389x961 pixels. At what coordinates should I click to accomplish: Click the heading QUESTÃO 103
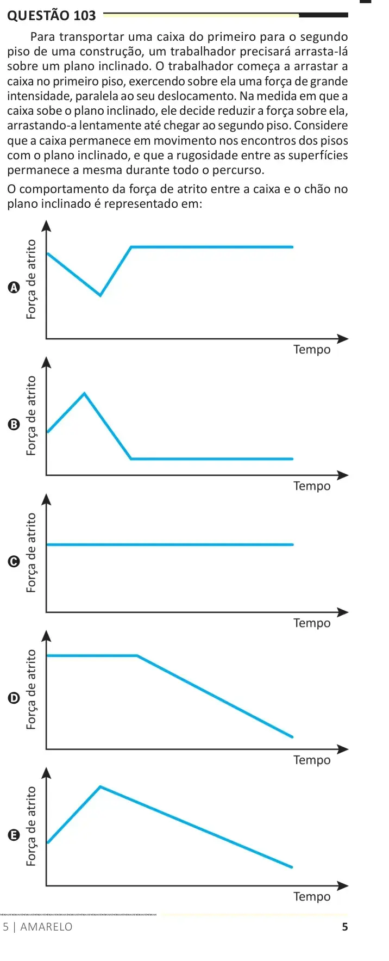[52, 15]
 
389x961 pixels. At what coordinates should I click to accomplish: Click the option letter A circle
[14, 287]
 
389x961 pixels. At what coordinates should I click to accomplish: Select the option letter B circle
[14, 424]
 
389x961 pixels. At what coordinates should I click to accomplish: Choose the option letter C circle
[14, 561]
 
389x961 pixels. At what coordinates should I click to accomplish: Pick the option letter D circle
[14, 698]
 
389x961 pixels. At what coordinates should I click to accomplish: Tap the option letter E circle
[14, 834]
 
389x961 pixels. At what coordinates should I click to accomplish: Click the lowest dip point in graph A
[100, 295]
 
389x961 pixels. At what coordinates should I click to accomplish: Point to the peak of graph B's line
[84, 393]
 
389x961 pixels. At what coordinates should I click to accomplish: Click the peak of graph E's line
[101, 786]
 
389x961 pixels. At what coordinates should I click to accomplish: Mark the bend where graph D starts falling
[137, 656]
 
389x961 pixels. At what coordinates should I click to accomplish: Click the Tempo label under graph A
[312, 350]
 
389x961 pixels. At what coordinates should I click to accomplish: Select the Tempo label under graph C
[312, 623]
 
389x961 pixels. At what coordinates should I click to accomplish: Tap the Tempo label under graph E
[312, 897]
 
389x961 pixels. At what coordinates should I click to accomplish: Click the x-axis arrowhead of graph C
[343, 612]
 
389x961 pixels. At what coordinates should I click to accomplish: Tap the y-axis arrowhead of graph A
[46, 225]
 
